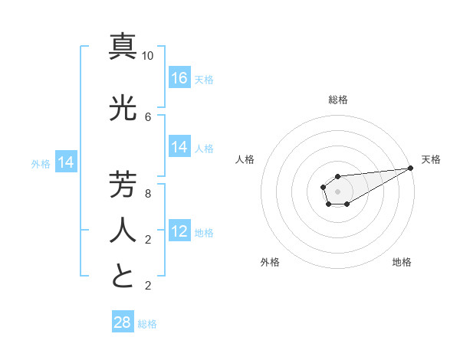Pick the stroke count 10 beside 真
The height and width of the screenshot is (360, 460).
(148, 56)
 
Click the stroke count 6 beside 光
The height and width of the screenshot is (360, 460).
(148, 116)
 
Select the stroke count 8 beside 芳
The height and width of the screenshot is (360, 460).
(148, 194)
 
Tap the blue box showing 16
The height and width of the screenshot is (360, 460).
(179, 78)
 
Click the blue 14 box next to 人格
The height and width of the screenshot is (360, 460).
(179, 147)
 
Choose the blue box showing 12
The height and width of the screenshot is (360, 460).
(179, 231)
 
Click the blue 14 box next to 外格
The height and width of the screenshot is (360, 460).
(65, 162)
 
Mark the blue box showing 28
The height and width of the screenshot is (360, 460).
(123, 322)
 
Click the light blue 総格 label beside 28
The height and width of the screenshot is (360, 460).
(147, 324)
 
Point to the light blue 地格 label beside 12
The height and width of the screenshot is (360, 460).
(204, 233)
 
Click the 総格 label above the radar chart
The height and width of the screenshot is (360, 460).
(338, 100)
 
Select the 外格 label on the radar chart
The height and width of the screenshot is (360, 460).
(270, 262)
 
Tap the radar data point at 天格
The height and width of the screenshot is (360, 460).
(411, 169)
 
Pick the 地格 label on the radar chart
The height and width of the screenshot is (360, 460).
(402, 262)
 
